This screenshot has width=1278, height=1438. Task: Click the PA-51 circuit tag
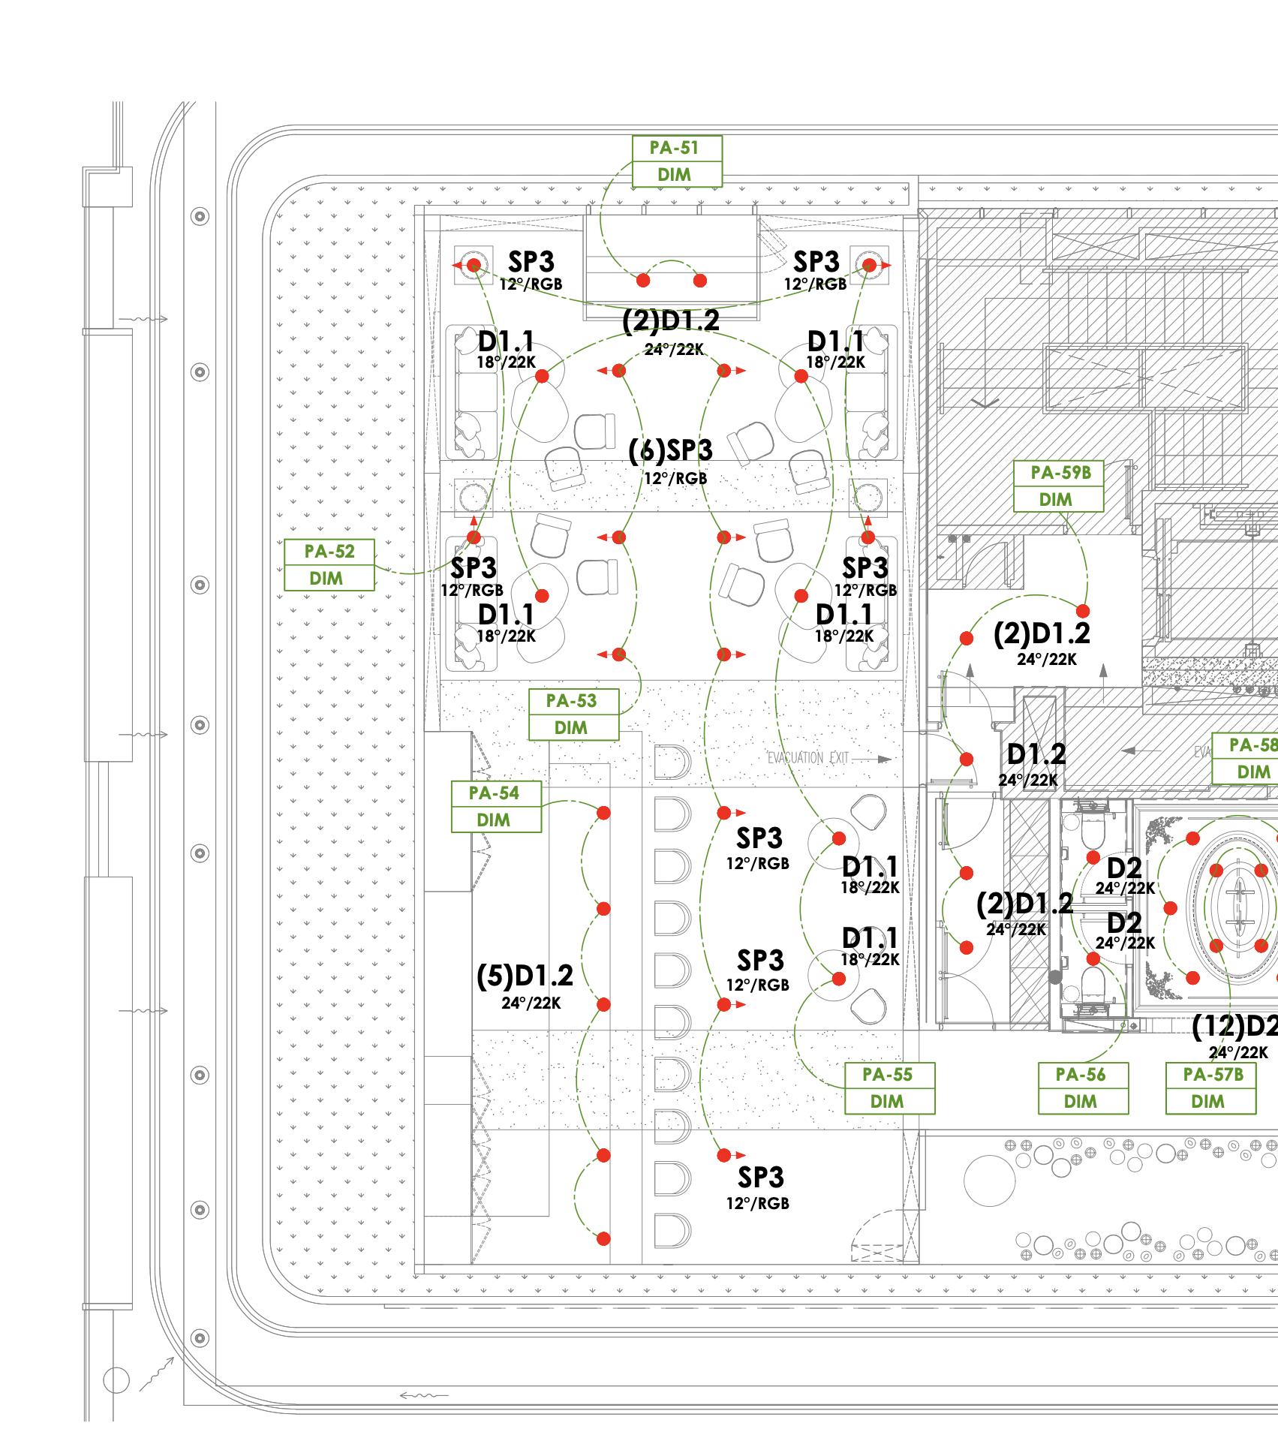point(676,161)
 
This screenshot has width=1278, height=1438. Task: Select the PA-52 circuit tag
point(329,565)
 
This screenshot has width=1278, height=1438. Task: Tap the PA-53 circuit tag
point(573,714)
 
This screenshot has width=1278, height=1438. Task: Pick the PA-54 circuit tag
point(495,807)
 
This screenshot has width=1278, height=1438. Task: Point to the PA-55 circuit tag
point(889,1088)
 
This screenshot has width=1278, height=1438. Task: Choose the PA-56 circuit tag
point(1083,1088)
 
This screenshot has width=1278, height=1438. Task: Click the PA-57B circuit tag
point(1210,1088)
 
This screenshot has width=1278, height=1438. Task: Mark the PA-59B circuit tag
point(1058,486)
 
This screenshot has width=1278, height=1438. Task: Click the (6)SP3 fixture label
point(671,450)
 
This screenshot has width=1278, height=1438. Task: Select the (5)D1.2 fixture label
point(525,976)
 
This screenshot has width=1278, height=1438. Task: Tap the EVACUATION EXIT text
point(807,758)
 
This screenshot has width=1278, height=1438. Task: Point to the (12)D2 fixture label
point(1234,1026)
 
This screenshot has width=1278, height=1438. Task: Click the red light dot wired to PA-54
point(603,814)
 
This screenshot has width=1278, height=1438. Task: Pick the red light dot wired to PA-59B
point(1084,610)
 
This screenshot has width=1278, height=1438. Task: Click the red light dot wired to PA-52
point(474,537)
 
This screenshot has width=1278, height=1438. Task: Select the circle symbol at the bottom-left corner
point(116,1380)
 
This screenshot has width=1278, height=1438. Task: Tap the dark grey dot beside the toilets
point(1055,977)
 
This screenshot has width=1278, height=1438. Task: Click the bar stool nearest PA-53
point(671,762)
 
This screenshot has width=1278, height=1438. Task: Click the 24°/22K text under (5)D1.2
point(531,1003)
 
